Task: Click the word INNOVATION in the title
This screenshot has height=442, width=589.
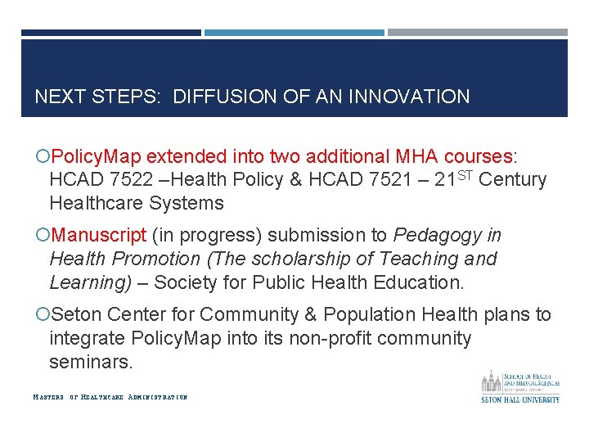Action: tap(409, 97)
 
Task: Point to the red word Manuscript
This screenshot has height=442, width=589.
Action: tap(99, 236)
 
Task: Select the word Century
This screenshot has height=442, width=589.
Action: tap(512, 180)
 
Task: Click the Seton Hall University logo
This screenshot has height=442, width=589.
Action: tap(519, 386)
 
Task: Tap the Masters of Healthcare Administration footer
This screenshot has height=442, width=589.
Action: tap(110, 397)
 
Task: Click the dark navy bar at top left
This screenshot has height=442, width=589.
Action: tap(110, 33)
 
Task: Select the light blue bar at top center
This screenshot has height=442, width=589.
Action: tap(294, 33)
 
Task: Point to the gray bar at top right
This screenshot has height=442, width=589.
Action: tap(477, 33)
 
